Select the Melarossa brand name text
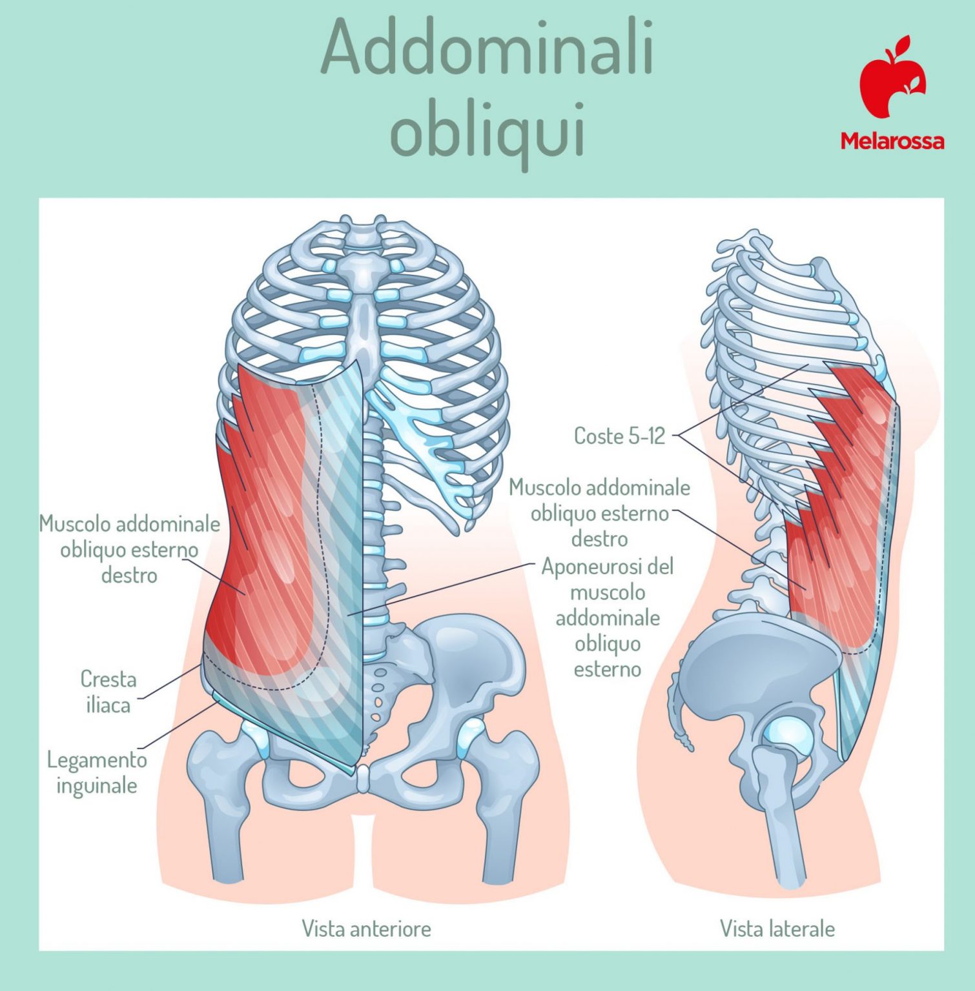pos(892,141)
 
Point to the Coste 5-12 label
pos(619,436)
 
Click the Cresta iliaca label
pos(108,692)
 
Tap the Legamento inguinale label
pos(97,772)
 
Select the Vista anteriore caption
pos(366,928)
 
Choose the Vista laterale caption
pos(777,928)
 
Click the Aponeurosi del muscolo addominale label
pos(607,617)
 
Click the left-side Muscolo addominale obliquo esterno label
pos(129,549)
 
